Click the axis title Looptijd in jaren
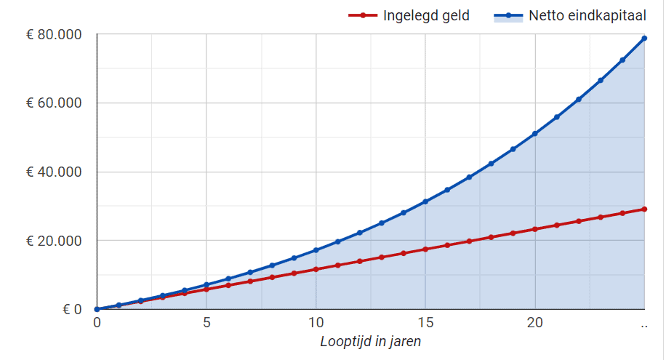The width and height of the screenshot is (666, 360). tap(370, 341)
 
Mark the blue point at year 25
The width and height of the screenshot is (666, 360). tap(644, 38)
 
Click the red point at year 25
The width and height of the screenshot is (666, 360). tap(644, 209)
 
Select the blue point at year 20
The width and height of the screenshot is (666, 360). tap(535, 134)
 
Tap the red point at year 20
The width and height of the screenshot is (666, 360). tap(535, 229)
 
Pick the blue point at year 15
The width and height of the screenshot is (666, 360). tap(425, 201)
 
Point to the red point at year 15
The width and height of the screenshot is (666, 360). tap(425, 249)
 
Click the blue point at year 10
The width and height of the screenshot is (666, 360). tap(316, 250)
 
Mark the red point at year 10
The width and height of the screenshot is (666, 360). tap(316, 269)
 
